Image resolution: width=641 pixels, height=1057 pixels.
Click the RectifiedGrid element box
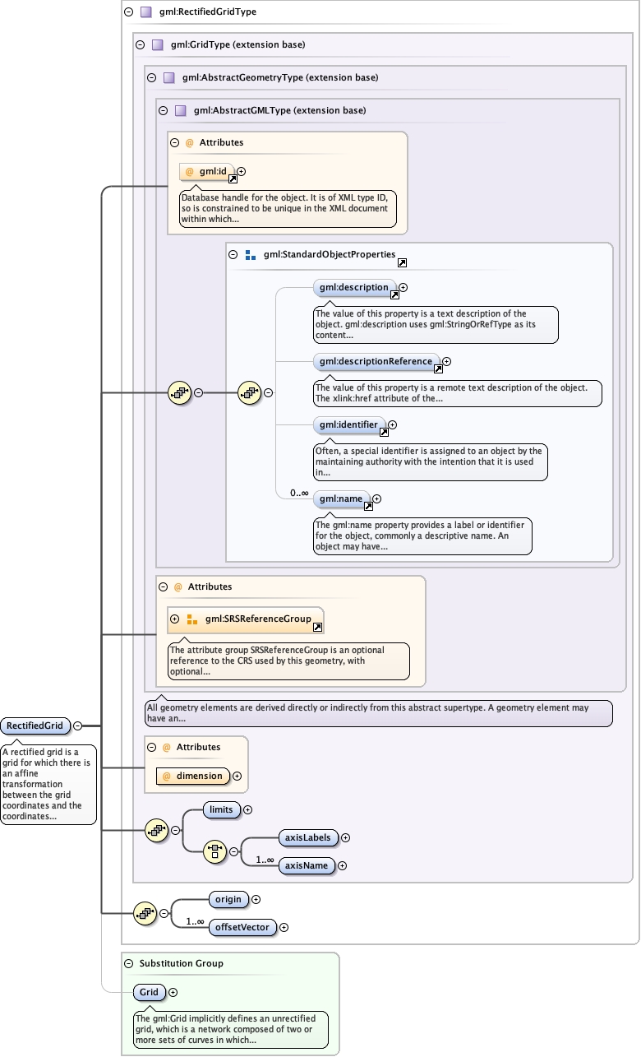coord(35,726)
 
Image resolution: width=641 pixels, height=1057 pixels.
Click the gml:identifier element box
coord(349,424)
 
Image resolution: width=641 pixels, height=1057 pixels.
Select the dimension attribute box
coord(193,775)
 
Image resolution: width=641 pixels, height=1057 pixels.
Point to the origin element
coord(228,899)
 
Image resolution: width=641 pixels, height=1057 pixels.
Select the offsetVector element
coord(242,927)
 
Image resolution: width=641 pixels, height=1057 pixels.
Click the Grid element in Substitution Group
coord(149,992)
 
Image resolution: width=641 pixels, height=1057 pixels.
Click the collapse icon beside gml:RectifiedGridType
coord(128,12)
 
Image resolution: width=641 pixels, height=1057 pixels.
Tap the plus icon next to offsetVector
coord(284,927)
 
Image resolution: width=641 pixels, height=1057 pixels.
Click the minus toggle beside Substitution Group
coord(128,963)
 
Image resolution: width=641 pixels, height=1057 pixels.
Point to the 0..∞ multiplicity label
coord(298,494)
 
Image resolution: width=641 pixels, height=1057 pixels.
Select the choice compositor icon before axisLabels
coord(214,851)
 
